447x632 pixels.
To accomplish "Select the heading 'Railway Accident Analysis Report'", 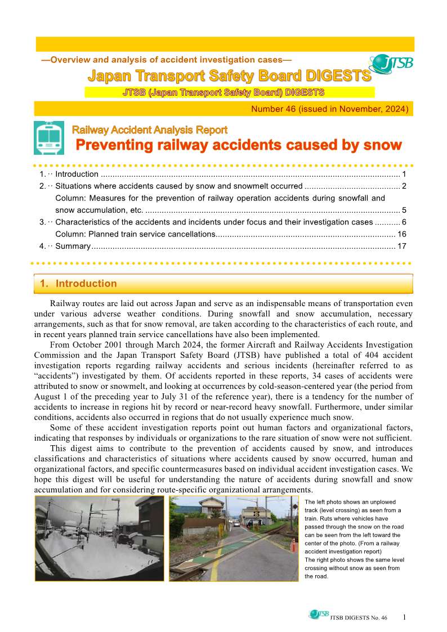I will coord(150,130).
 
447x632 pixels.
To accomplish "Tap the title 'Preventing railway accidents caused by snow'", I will coord(239,145).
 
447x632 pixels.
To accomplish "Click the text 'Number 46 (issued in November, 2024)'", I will coord(330,109).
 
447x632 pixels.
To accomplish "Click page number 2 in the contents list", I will coord(404,186).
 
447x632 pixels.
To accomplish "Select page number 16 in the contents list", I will coord(401,234).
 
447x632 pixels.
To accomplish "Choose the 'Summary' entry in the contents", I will coord(73,246).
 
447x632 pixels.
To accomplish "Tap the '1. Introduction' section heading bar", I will coord(223,284).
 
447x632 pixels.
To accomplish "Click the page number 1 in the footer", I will coord(404,617).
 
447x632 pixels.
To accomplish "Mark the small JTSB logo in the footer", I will coord(318,615).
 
